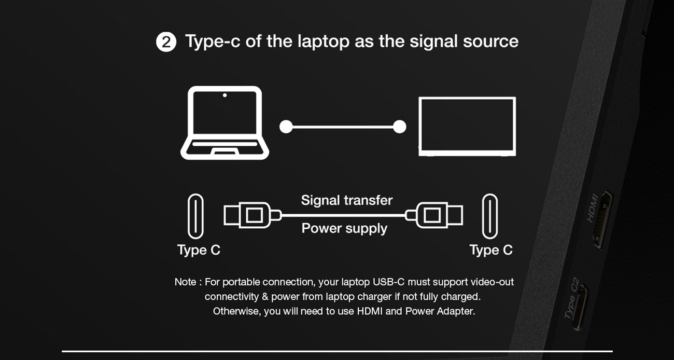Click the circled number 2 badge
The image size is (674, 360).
click(x=166, y=42)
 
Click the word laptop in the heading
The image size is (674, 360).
click(x=323, y=41)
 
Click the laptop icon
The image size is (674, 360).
click(x=224, y=123)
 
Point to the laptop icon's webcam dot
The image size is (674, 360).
click(x=224, y=95)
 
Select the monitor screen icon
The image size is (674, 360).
click(x=467, y=126)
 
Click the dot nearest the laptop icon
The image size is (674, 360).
click(x=286, y=127)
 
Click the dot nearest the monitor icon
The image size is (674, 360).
click(x=399, y=127)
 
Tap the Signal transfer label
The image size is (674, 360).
click(x=346, y=200)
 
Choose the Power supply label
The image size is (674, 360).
click(x=344, y=228)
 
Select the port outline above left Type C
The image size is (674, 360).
click(x=195, y=216)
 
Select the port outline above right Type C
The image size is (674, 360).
click(x=489, y=216)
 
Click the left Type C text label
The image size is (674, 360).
click(x=199, y=250)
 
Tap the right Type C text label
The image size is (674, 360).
click(x=490, y=250)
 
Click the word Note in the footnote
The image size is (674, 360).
click(x=185, y=282)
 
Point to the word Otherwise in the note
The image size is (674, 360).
click(x=236, y=311)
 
